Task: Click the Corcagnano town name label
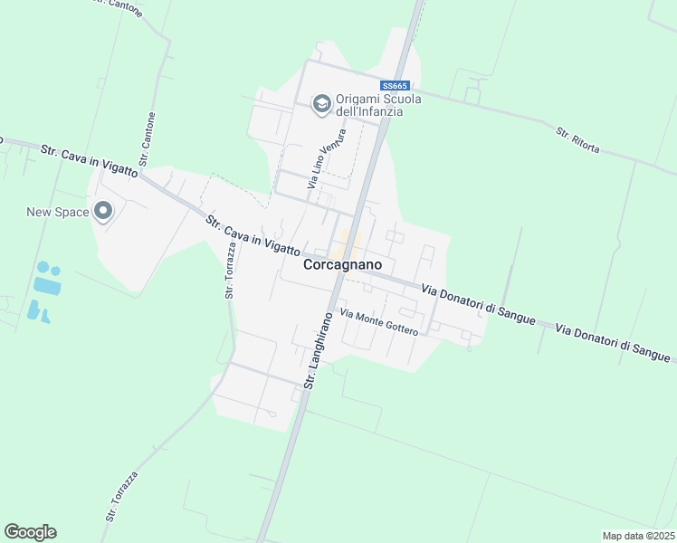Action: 341,264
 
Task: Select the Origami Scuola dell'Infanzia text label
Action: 377,105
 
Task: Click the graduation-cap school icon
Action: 320,105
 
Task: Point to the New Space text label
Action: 58,213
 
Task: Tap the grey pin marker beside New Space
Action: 102,213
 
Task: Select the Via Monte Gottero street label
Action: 378,321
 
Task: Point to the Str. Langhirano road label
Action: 318,351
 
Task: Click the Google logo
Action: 30,531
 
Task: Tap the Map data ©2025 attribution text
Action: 637,536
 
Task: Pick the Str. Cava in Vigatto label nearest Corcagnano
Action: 252,235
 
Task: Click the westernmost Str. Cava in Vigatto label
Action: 89,158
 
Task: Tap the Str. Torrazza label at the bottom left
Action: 122,495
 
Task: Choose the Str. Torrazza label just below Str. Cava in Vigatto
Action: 230,271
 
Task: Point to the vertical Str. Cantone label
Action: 150,137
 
